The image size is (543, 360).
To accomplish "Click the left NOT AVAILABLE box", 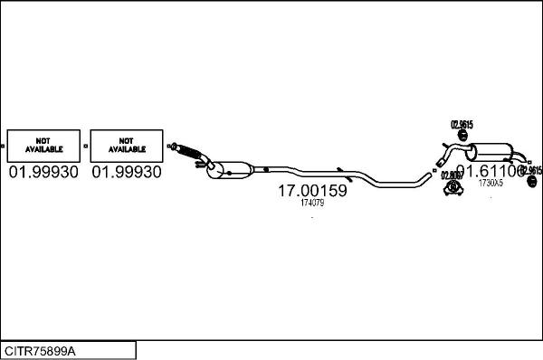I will coord(42,145).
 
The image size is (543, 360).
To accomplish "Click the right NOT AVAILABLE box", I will coord(126,145).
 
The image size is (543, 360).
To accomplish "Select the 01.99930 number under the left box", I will coord(43,172).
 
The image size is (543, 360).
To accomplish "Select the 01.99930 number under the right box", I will coord(127,172).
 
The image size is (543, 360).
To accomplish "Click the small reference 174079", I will coord(311,204).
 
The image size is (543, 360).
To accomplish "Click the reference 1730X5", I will coord(490,184).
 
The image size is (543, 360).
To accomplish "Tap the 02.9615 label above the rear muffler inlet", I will coord(462,124).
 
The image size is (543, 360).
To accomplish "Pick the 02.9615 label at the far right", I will coord(530,170).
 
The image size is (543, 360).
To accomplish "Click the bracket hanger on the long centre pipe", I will coord(338,170).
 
